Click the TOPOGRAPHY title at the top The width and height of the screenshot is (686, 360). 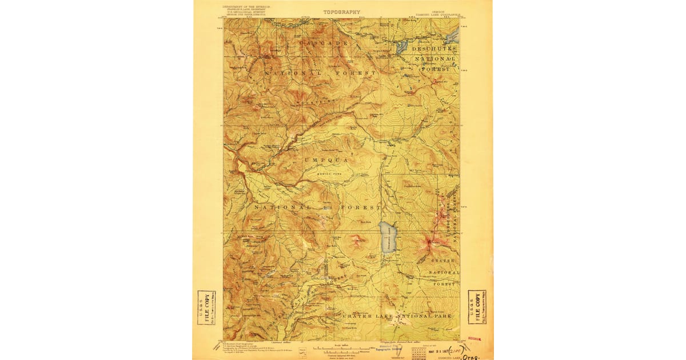click(342, 12)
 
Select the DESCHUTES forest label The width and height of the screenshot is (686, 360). click(434, 49)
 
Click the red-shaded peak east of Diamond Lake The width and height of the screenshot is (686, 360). click(429, 246)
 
